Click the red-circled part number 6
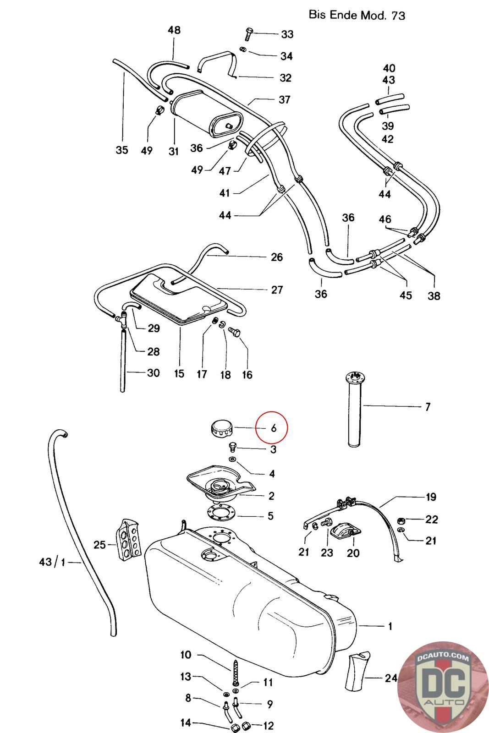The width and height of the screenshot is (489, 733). point(274,428)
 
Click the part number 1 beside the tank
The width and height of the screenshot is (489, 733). point(390,626)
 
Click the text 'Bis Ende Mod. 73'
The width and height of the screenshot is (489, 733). point(357,15)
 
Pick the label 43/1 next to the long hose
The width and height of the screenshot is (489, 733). point(52,561)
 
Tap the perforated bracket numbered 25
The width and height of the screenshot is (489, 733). point(129,539)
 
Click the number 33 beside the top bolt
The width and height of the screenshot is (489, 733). point(287,34)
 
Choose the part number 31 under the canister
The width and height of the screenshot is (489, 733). point(173,150)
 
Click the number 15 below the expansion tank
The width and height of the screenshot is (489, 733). point(179,373)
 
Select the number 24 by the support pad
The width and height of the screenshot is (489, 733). point(391,678)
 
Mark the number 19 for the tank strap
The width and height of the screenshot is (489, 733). point(431,497)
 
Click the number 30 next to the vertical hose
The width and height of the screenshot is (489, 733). point(153,372)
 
